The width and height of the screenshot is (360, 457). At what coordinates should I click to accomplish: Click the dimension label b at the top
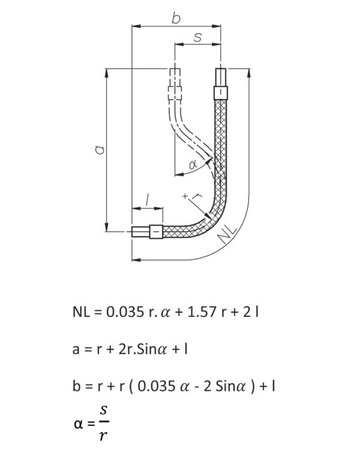click(x=176, y=18)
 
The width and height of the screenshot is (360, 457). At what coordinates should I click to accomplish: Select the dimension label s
click(x=198, y=37)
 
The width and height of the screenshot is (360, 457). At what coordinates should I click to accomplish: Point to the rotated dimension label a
click(x=100, y=150)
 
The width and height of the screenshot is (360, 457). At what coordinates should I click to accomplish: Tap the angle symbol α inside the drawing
click(x=193, y=165)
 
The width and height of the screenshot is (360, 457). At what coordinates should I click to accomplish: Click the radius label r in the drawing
click(x=198, y=196)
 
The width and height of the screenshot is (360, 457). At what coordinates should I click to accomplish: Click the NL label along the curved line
click(x=228, y=234)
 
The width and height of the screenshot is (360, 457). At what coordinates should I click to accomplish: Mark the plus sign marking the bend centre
click(x=185, y=196)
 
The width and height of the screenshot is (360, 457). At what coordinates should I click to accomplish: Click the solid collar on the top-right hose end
click(x=220, y=93)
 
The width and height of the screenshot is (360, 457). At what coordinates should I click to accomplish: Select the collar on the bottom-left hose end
click(x=156, y=232)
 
